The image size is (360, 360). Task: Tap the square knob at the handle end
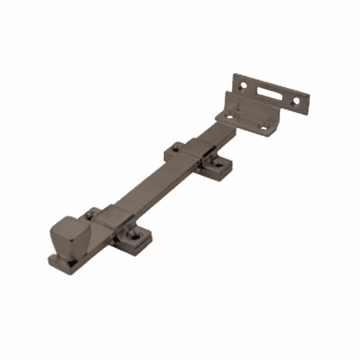pos(69,234)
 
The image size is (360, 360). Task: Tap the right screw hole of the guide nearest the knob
pos(136,234)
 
